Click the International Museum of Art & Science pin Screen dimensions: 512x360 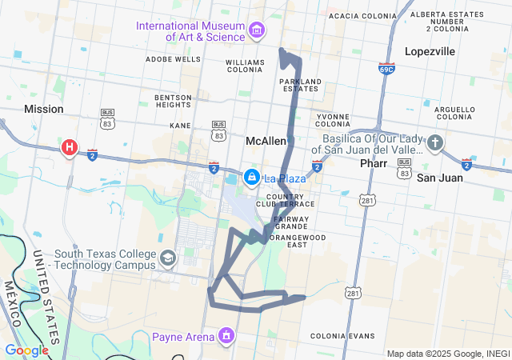coord(257,30)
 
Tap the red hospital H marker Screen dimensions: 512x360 coord(70,147)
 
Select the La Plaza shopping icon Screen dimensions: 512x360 coord(252,177)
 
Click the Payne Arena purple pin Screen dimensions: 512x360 coord(226,334)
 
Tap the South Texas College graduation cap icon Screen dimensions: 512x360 coord(168,258)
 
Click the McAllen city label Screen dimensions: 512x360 coord(266,141)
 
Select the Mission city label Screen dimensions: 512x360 coord(44,109)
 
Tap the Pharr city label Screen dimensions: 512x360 coord(374,163)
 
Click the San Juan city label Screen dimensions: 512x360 coord(440,178)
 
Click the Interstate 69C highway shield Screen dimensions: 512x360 coord(387,69)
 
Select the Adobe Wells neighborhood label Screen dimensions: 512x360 coord(174,59)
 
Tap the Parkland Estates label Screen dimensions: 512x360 coord(300,85)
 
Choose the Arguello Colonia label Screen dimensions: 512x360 coord(455,112)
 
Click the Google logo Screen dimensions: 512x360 coord(26,350)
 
